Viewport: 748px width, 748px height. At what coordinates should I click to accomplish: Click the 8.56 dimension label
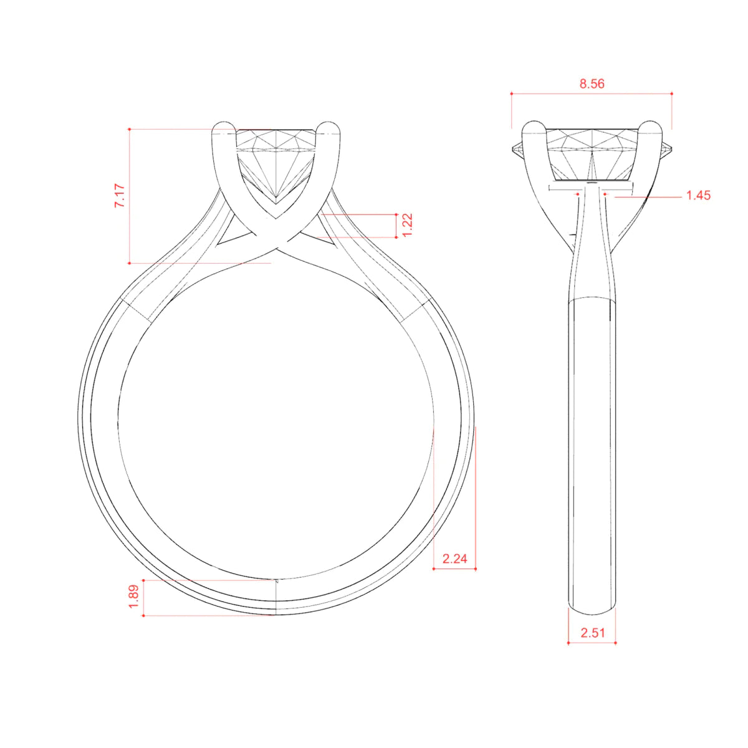click(x=592, y=84)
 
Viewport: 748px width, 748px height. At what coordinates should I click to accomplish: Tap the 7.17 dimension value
click(x=120, y=196)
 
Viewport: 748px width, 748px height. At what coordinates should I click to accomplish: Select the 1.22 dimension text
click(x=407, y=225)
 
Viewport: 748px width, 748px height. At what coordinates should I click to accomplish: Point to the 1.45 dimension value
click(x=698, y=195)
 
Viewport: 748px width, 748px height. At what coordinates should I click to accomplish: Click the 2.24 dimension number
click(x=454, y=559)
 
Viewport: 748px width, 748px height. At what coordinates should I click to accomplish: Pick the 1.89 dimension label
click(x=133, y=597)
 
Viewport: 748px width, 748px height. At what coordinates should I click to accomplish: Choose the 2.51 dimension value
click(x=593, y=633)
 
